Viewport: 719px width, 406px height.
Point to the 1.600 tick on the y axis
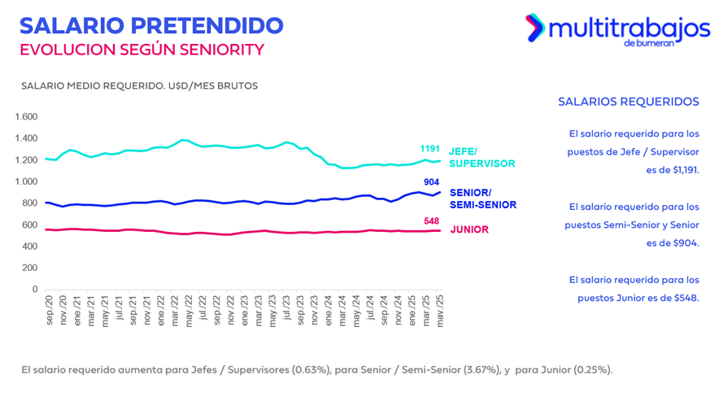tap(27, 116)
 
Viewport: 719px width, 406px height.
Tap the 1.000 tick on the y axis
tap(27, 181)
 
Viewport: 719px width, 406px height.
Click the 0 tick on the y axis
tap(34, 289)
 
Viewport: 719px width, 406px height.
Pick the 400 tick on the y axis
tap(29, 246)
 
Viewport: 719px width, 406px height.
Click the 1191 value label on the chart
tap(429, 149)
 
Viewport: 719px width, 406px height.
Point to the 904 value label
tap(433, 182)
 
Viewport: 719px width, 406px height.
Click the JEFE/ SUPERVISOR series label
tap(482, 157)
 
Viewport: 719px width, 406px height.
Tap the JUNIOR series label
tap(469, 229)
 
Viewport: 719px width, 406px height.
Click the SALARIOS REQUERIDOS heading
tap(628, 102)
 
